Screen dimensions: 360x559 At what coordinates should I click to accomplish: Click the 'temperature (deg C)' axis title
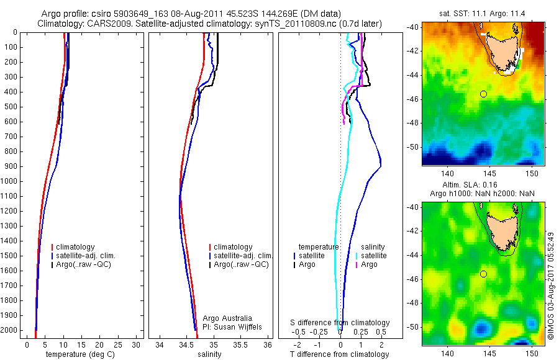click(79, 354)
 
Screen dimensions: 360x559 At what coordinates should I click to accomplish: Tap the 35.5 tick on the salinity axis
click(242, 344)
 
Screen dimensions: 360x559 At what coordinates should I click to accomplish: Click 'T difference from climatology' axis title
click(340, 354)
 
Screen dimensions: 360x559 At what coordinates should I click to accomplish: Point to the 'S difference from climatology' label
click(340, 323)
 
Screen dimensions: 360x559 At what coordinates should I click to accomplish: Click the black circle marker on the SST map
click(483, 94)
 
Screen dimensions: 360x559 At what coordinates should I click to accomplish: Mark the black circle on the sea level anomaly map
click(483, 274)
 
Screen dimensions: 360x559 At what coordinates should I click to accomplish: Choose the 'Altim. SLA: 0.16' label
click(483, 185)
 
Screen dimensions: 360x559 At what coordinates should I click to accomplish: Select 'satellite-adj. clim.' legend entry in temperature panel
click(86, 256)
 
